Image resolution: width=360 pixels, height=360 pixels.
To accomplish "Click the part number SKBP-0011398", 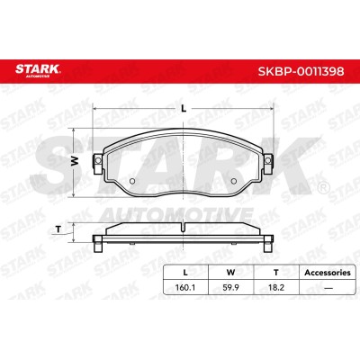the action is [301, 71].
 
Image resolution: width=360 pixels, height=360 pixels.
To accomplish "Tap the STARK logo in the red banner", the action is [38, 69].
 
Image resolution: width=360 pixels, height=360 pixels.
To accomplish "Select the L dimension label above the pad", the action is [184, 109].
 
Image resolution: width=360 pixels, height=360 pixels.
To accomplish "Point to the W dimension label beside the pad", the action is [75, 162].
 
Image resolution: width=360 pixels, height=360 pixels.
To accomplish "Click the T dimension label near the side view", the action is [58, 229].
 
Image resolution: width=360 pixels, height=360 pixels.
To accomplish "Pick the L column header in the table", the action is [185, 273].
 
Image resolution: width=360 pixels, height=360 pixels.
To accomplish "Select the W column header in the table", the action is [230, 273].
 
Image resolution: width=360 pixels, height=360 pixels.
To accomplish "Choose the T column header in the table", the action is [276, 273].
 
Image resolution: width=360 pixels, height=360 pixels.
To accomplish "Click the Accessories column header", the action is [328, 273].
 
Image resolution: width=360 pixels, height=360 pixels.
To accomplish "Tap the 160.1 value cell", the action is [185, 287].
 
